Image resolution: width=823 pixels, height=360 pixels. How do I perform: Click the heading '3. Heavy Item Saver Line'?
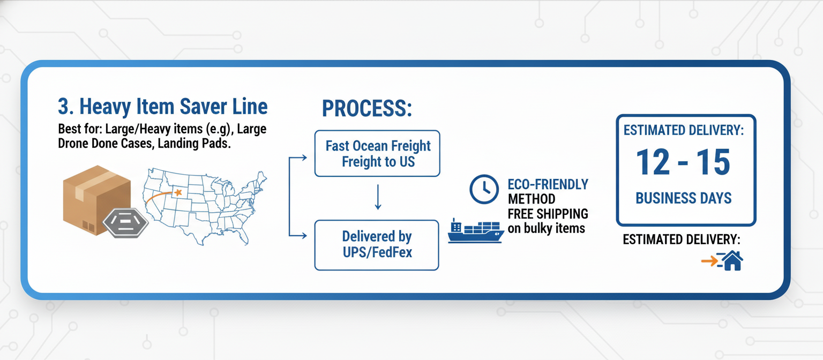162,107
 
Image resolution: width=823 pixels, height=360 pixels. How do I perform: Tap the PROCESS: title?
367,109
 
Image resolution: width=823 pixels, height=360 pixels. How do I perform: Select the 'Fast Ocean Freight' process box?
377,153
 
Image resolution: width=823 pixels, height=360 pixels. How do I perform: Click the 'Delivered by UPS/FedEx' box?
377,244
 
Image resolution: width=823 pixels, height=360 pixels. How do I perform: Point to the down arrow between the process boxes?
378,197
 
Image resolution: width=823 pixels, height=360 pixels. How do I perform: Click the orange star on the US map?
178,192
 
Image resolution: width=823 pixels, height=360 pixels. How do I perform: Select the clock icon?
484,189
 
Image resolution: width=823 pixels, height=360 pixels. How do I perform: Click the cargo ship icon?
475,231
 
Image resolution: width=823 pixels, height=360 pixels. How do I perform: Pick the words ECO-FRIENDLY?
548,185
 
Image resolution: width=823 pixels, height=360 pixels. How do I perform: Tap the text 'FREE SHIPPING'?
548,214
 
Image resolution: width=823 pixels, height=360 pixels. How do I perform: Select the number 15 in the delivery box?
714,162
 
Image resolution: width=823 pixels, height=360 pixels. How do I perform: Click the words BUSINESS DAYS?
683,198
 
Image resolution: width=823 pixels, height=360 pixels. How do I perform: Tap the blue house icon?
731,261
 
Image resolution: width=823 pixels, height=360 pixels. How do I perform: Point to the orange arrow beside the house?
710,261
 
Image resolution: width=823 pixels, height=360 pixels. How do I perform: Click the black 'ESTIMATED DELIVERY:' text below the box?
682,239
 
